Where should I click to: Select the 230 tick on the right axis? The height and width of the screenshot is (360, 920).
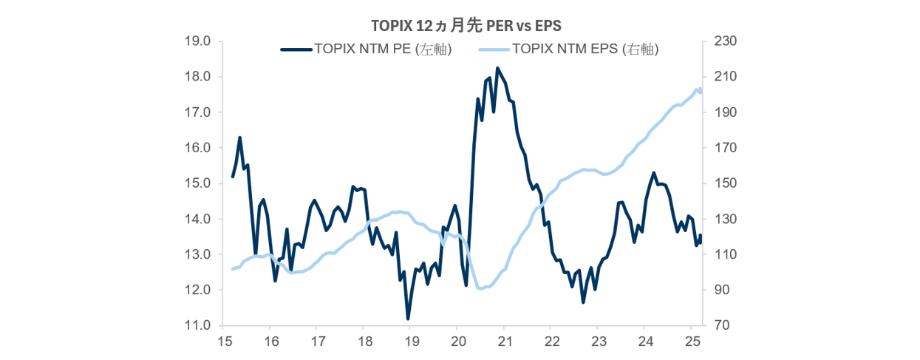pyautogui.click(x=721, y=41)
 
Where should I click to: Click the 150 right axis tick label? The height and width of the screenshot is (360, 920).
pyautogui.click(x=721, y=183)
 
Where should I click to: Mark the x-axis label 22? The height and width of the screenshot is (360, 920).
pyautogui.click(x=551, y=342)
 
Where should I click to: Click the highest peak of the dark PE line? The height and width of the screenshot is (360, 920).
pyautogui.click(x=497, y=68)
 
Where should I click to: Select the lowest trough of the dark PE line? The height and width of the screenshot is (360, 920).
pyautogui.click(x=408, y=319)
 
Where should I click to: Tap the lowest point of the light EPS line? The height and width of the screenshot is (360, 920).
pyautogui.click(x=481, y=288)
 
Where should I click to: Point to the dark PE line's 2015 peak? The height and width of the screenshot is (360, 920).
pyautogui.click(x=240, y=137)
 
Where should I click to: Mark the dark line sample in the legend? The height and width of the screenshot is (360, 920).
pyautogui.click(x=296, y=50)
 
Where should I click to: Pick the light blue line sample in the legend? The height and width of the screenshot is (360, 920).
pyautogui.click(x=493, y=50)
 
